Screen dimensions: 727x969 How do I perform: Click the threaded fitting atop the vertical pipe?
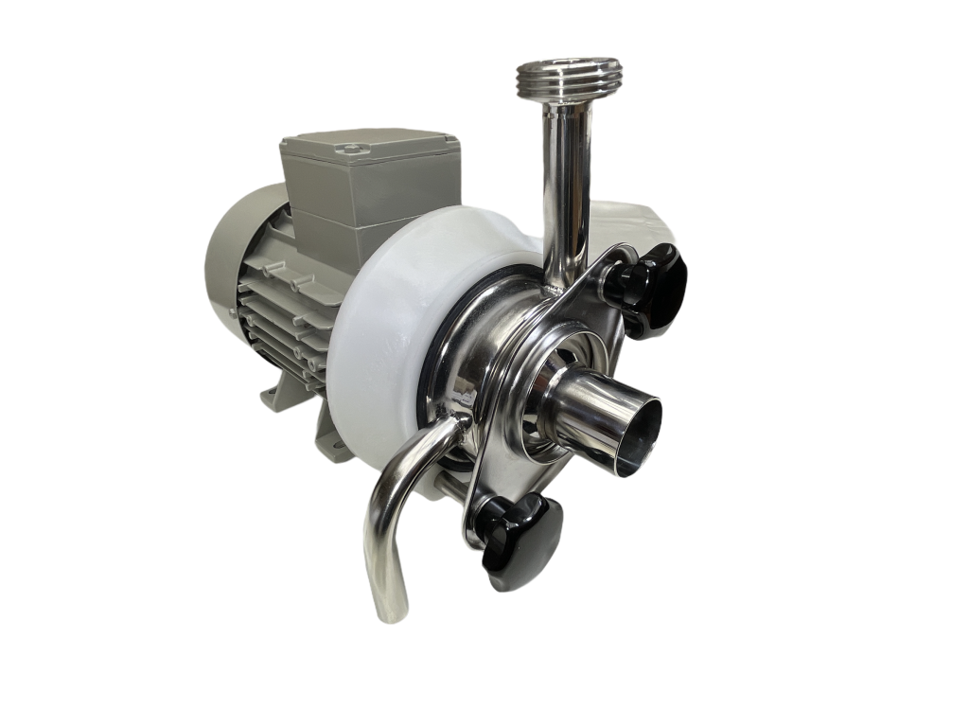pos(569,77)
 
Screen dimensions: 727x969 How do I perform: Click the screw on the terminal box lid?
pos(353,149)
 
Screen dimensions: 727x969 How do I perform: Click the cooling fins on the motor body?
pos(284,322)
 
